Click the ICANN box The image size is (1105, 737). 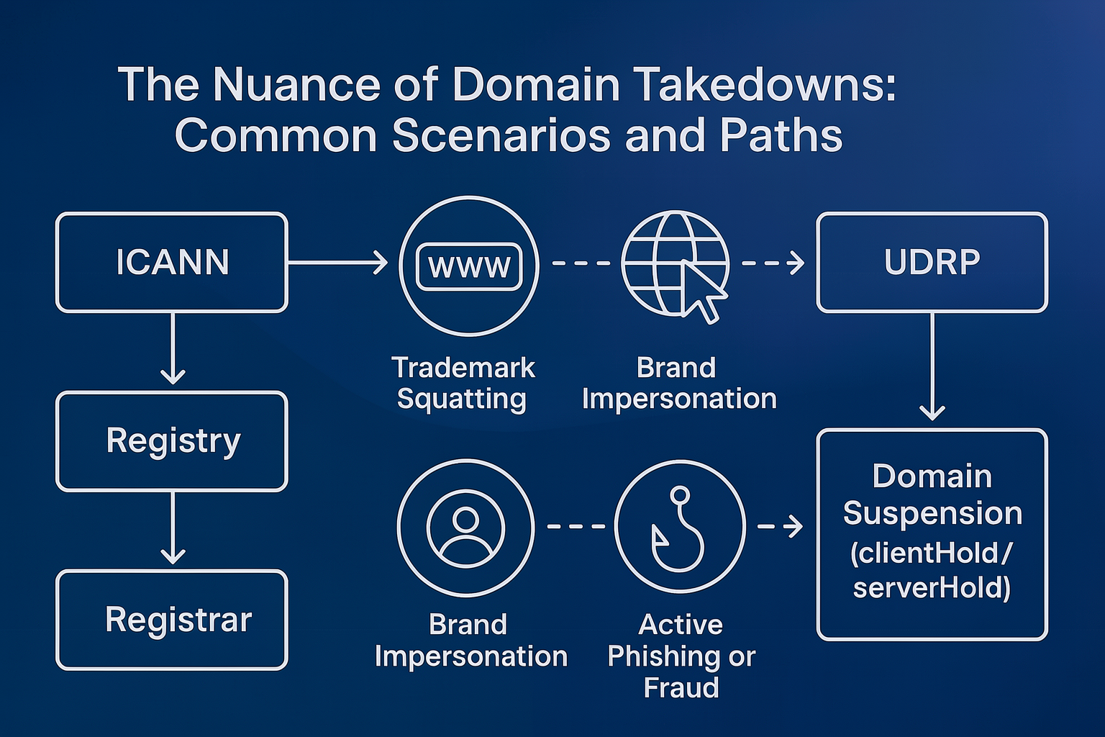[172, 262]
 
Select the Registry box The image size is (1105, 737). [172, 440]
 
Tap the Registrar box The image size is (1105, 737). [172, 620]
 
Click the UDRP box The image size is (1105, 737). [932, 262]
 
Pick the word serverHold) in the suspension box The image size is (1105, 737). [932, 588]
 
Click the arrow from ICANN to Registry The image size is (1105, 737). [173, 349]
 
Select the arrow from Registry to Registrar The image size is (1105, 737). [173, 529]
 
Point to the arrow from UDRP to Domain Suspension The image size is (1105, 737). [932, 367]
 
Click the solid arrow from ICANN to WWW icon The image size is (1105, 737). [338, 263]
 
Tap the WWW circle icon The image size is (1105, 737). [469, 266]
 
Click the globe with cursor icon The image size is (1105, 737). [676, 265]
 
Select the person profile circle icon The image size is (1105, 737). [465, 528]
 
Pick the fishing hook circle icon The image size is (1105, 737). [680, 528]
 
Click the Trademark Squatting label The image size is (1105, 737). [463, 383]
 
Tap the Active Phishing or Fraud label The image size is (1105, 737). [681, 656]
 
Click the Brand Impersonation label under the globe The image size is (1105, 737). [678, 383]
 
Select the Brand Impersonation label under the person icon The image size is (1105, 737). [470, 640]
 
